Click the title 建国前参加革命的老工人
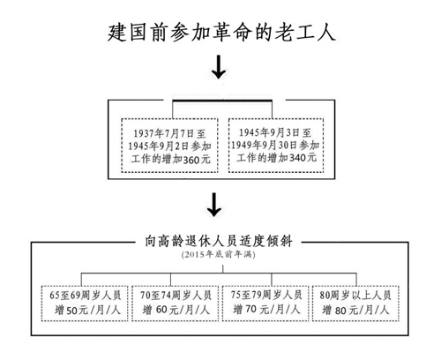pyautogui.click(x=221, y=33)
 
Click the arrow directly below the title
pyautogui.click(x=219, y=66)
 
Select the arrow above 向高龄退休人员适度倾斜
pyautogui.click(x=214, y=205)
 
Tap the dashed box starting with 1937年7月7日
pyautogui.click(x=169, y=146)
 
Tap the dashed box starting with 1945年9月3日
pyautogui.click(x=276, y=145)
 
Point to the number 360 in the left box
pyautogui.click(x=191, y=160)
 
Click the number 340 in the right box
pyautogui.click(x=298, y=158)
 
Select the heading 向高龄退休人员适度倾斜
pyautogui.click(x=219, y=241)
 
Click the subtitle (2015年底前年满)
pyautogui.click(x=218, y=254)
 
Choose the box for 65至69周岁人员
pyautogui.click(x=85, y=303)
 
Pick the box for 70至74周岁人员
pyautogui.click(x=176, y=303)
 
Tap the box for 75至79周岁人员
pyautogui.click(x=265, y=303)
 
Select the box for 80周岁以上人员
pyautogui.click(x=355, y=303)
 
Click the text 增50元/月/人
pyautogui.click(x=87, y=310)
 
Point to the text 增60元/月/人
pyautogui.click(x=176, y=310)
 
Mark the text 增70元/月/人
pyautogui.click(x=266, y=310)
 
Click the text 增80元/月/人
pyautogui.click(x=355, y=310)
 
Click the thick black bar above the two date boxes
pyautogui.click(x=222, y=101)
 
